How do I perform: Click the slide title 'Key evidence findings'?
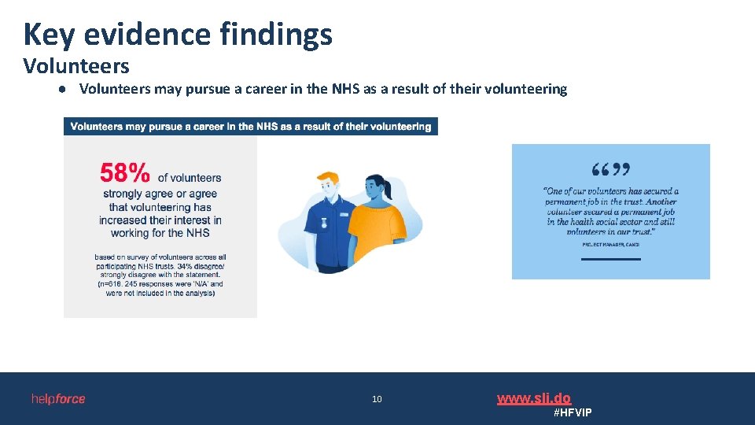(178, 35)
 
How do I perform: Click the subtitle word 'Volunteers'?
(76, 66)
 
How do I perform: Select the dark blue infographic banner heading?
(251, 127)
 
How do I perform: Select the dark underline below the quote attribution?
(611, 258)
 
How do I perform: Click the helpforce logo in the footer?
(58, 399)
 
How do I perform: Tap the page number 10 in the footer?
(377, 399)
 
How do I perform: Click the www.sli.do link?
(533, 398)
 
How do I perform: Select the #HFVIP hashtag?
(573, 413)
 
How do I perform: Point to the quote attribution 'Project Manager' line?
(610, 245)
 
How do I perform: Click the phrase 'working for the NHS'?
(160, 233)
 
